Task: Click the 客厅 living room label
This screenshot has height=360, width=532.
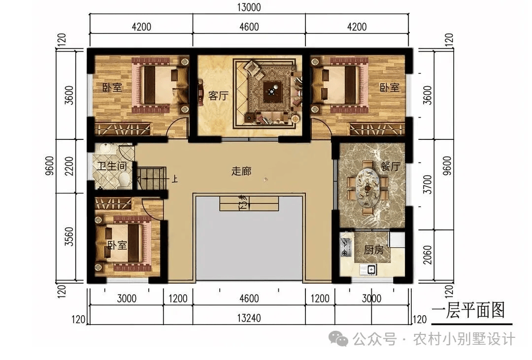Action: [x=218, y=96]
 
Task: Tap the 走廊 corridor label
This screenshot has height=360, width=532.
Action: [x=241, y=171]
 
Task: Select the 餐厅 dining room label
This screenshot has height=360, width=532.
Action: [x=391, y=166]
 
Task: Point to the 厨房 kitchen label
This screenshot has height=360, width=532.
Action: [x=373, y=250]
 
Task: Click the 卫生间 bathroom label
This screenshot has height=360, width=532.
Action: [x=112, y=166]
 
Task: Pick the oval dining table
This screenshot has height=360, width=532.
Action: [x=368, y=187]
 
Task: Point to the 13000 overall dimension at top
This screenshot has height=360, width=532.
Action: [x=249, y=7]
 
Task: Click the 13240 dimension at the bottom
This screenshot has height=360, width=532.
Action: [x=249, y=318]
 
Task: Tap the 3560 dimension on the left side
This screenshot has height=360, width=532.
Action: [x=69, y=236]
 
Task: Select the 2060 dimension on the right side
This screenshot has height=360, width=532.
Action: [x=428, y=255]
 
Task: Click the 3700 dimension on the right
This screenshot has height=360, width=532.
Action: [x=428, y=184]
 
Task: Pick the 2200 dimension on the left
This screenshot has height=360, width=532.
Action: [x=69, y=166]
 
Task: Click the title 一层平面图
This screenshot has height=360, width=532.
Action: [x=468, y=310]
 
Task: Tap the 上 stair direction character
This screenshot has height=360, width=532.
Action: [x=174, y=179]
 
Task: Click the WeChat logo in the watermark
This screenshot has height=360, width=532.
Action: [x=339, y=338]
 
